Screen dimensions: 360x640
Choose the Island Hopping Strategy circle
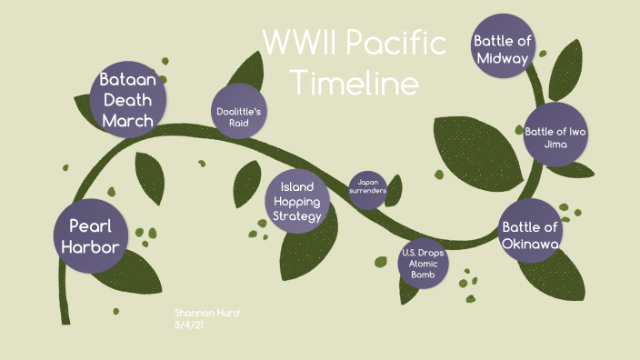point(297,201)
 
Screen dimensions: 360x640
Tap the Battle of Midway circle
point(502,49)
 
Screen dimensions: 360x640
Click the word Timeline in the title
point(355,84)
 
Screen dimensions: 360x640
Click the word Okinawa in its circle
point(530,243)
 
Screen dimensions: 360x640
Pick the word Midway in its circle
point(502,58)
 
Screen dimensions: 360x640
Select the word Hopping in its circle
point(297,201)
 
